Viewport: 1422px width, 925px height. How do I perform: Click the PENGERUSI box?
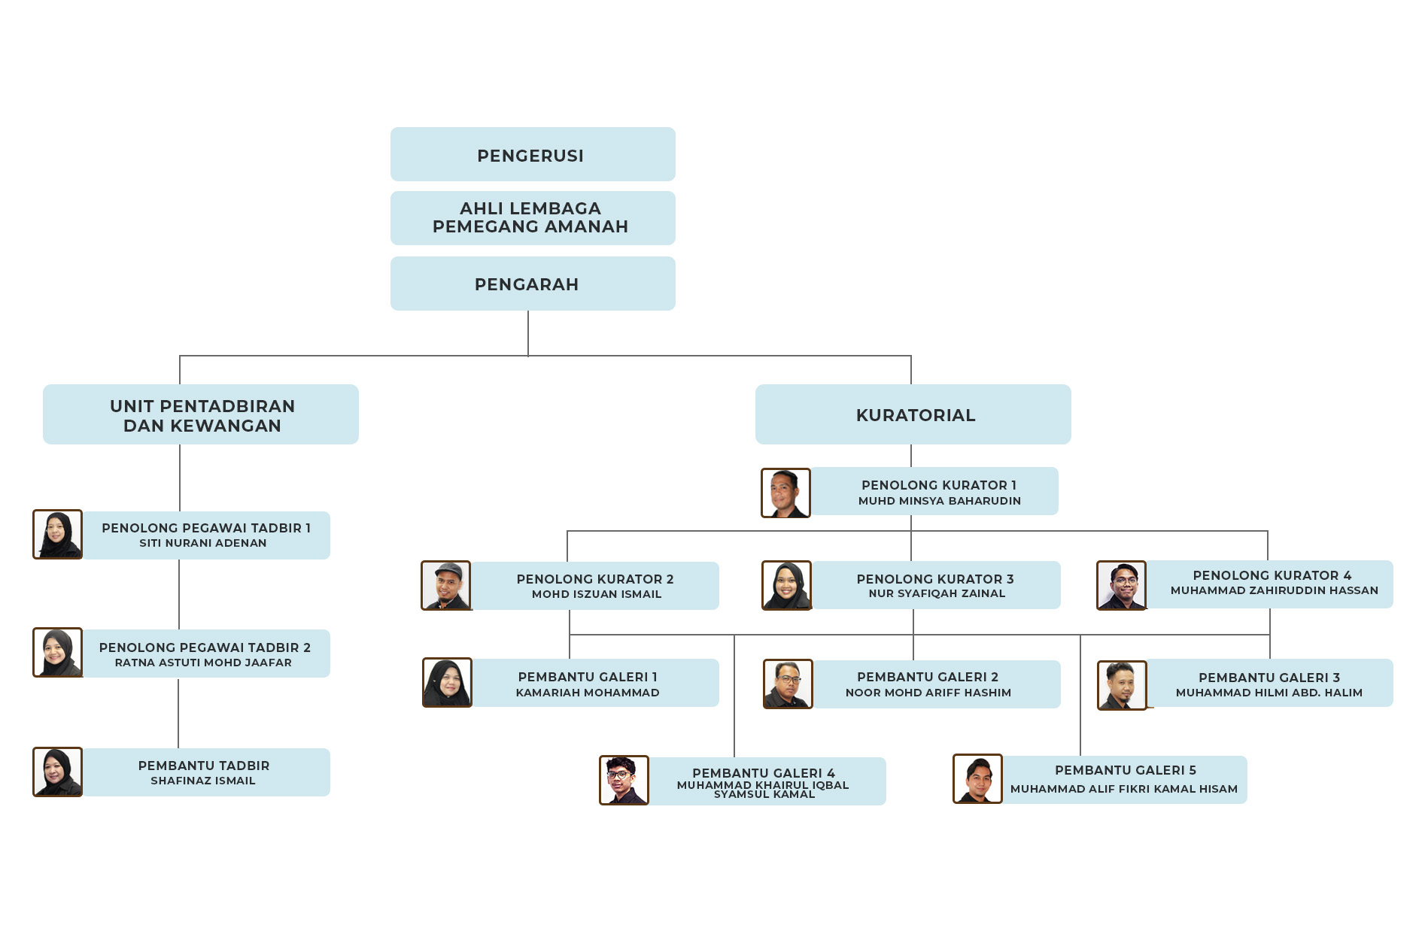coord(532,155)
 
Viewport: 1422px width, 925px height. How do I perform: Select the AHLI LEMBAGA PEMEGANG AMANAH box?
coord(532,218)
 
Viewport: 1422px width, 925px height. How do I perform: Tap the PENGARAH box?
coord(532,284)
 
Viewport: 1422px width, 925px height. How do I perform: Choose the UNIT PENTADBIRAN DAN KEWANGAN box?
coord(201,415)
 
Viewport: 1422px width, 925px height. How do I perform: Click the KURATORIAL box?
coord(913,415)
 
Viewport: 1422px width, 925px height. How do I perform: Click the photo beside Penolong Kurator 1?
coord(785,493)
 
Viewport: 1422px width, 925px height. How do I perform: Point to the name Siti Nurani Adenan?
coord(203,544)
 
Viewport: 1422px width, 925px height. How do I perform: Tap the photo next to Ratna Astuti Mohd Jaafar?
coord(58,653)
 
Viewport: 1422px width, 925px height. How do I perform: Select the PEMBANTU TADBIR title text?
coord(204,766)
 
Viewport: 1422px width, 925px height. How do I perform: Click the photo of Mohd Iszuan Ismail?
coord(446,586)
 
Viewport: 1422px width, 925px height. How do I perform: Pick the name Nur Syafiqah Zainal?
coord(937,594)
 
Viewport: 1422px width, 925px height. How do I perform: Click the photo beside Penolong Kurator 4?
coord(1121,585)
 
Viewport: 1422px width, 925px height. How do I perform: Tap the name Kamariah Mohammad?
coord(588,693)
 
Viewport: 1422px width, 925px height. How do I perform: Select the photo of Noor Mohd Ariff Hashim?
coord(788,684)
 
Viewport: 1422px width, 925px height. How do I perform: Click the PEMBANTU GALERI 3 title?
coord(1269,678)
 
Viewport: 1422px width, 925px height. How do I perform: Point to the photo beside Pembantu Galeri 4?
coord(624,781)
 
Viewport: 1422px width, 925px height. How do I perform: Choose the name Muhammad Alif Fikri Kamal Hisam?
coord(1124,789)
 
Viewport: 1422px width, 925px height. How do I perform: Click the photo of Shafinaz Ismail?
coord(58,772)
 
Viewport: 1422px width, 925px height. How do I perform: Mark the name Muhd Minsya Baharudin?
coord(940,501)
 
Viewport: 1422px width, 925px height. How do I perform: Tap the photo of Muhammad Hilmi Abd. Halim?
coord(1122,685)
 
